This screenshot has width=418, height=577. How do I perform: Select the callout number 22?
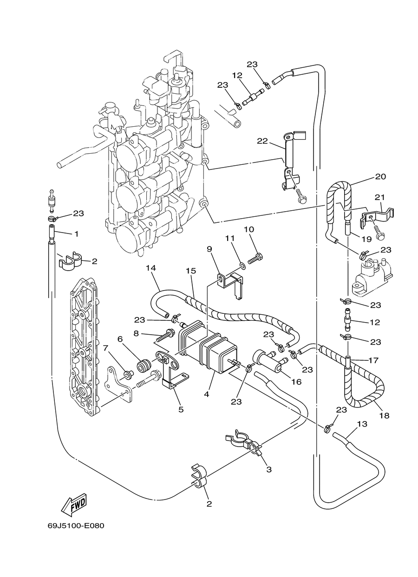click(262, 141)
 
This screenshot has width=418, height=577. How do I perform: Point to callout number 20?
click(380, 177)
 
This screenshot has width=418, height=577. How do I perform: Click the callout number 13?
click(362, 424)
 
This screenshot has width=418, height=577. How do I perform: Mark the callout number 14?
click(151, 268)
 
